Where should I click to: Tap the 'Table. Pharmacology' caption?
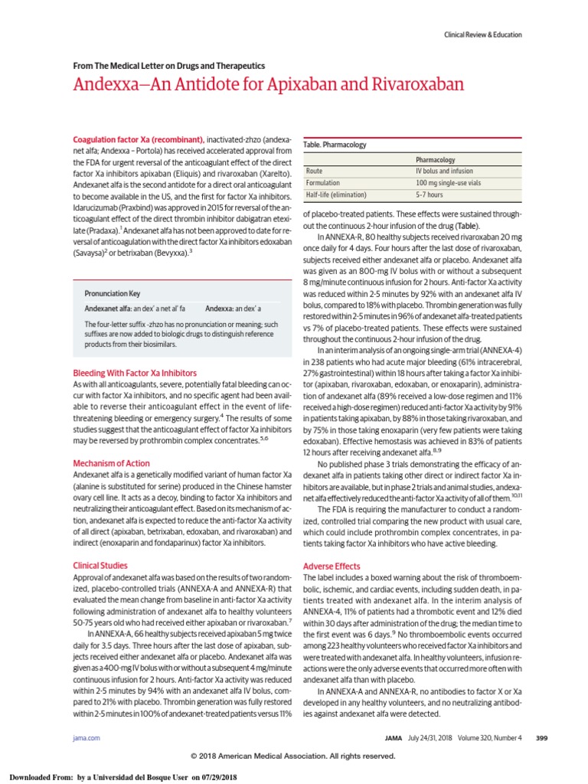[335, 144]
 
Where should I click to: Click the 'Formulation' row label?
[323, 184]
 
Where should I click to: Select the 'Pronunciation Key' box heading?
[112, 292]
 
